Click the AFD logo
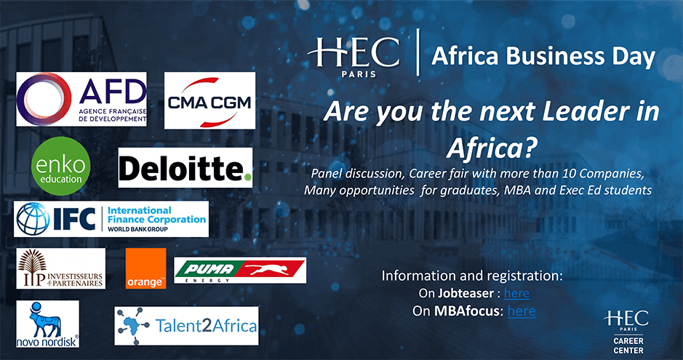tap(81, 99)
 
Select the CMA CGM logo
tap(209, 101)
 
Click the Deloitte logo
tap(185, 168)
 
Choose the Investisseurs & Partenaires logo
tap(60, 268)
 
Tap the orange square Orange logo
tap(145, 268)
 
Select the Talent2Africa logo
tap(186, 326)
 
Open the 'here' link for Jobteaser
tap(516, 293)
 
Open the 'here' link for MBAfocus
tap(521, 311)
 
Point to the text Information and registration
tap(472, 276)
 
